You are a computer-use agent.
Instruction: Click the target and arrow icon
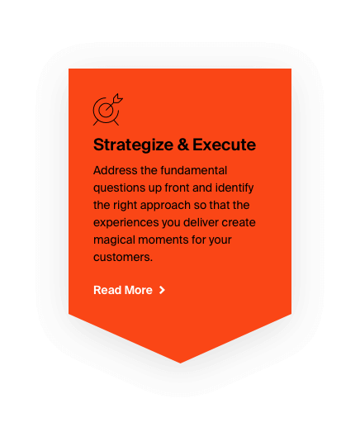(107, 110)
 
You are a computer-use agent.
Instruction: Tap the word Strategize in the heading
(133, 145)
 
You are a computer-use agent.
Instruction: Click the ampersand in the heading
(183, 145)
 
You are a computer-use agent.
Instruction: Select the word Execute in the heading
(224, 145)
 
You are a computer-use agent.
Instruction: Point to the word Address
(115, 170)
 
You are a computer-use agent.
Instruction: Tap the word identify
(234, 188)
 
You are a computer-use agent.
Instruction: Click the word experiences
(126, 223)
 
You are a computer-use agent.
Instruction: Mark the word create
(239, 223)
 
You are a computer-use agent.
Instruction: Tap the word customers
(123, 258)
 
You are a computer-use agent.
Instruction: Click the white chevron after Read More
(162, 290)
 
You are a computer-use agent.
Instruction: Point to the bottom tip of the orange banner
(181, 363)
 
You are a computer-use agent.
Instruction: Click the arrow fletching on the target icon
(118, 98)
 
